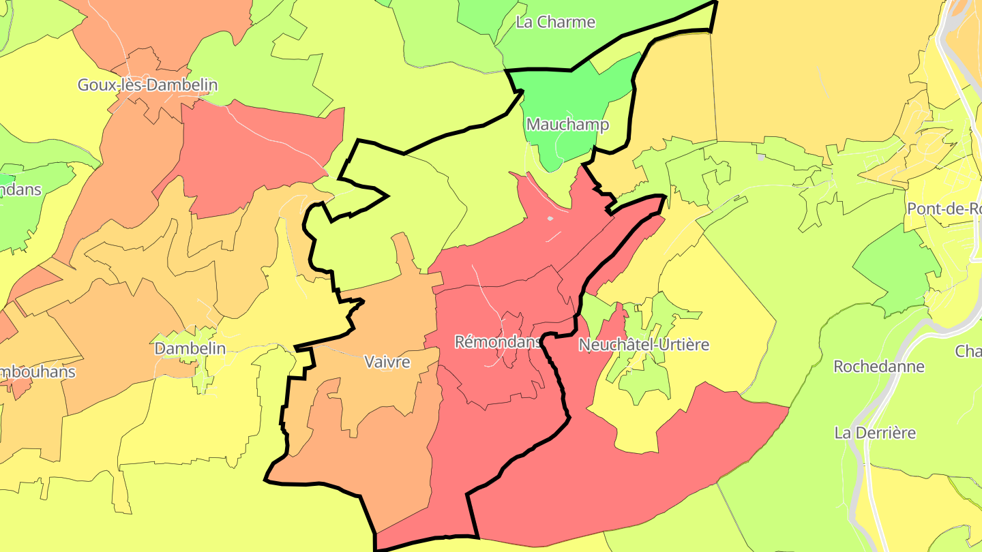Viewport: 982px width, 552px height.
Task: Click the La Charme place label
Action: (555, 22)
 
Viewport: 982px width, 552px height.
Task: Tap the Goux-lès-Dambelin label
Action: (147, 85)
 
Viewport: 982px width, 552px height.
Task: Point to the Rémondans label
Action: (498, 341)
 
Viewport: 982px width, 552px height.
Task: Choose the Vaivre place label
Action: (387, 362)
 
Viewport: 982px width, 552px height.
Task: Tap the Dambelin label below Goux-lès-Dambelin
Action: (190, 348)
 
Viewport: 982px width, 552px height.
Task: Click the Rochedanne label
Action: (879, 367)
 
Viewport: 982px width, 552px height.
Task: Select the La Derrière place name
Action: (875, 433)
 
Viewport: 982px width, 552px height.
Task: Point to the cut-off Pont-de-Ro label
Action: (944, 209)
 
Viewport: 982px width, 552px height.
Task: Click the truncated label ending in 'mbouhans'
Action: (38, 372)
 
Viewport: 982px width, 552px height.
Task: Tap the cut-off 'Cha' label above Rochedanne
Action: (968, 352)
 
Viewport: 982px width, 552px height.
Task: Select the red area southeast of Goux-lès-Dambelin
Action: (259, 150)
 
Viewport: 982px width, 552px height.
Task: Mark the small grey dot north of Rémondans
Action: (550, 219)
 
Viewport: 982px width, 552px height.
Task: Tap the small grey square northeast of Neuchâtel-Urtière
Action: (761, 157)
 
